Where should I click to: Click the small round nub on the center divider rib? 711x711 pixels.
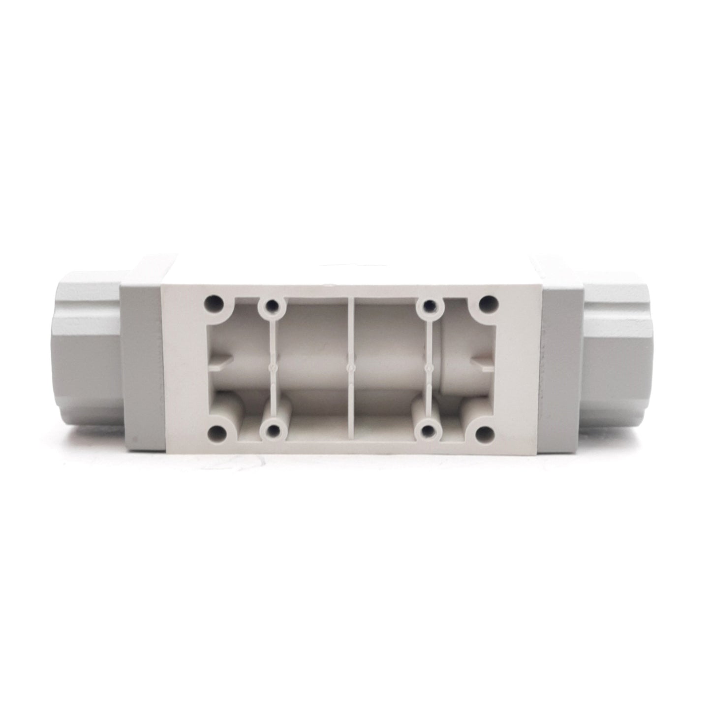pyautogui.click(x=350, y=367)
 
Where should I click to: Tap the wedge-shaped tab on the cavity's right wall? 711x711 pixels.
pyautogui.click(x=480, y=362)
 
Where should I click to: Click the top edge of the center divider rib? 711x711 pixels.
pyautogui.click(x=350, y=299)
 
